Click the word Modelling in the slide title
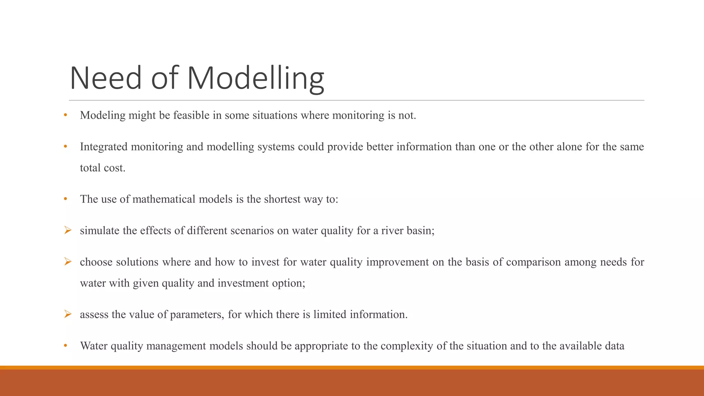click(255, 78)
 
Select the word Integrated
click(103, 147)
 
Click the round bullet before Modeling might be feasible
click(65, 115)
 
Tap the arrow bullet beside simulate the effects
click(68, 230)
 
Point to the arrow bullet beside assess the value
click(68, 314)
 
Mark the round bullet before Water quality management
click(65, 346)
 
